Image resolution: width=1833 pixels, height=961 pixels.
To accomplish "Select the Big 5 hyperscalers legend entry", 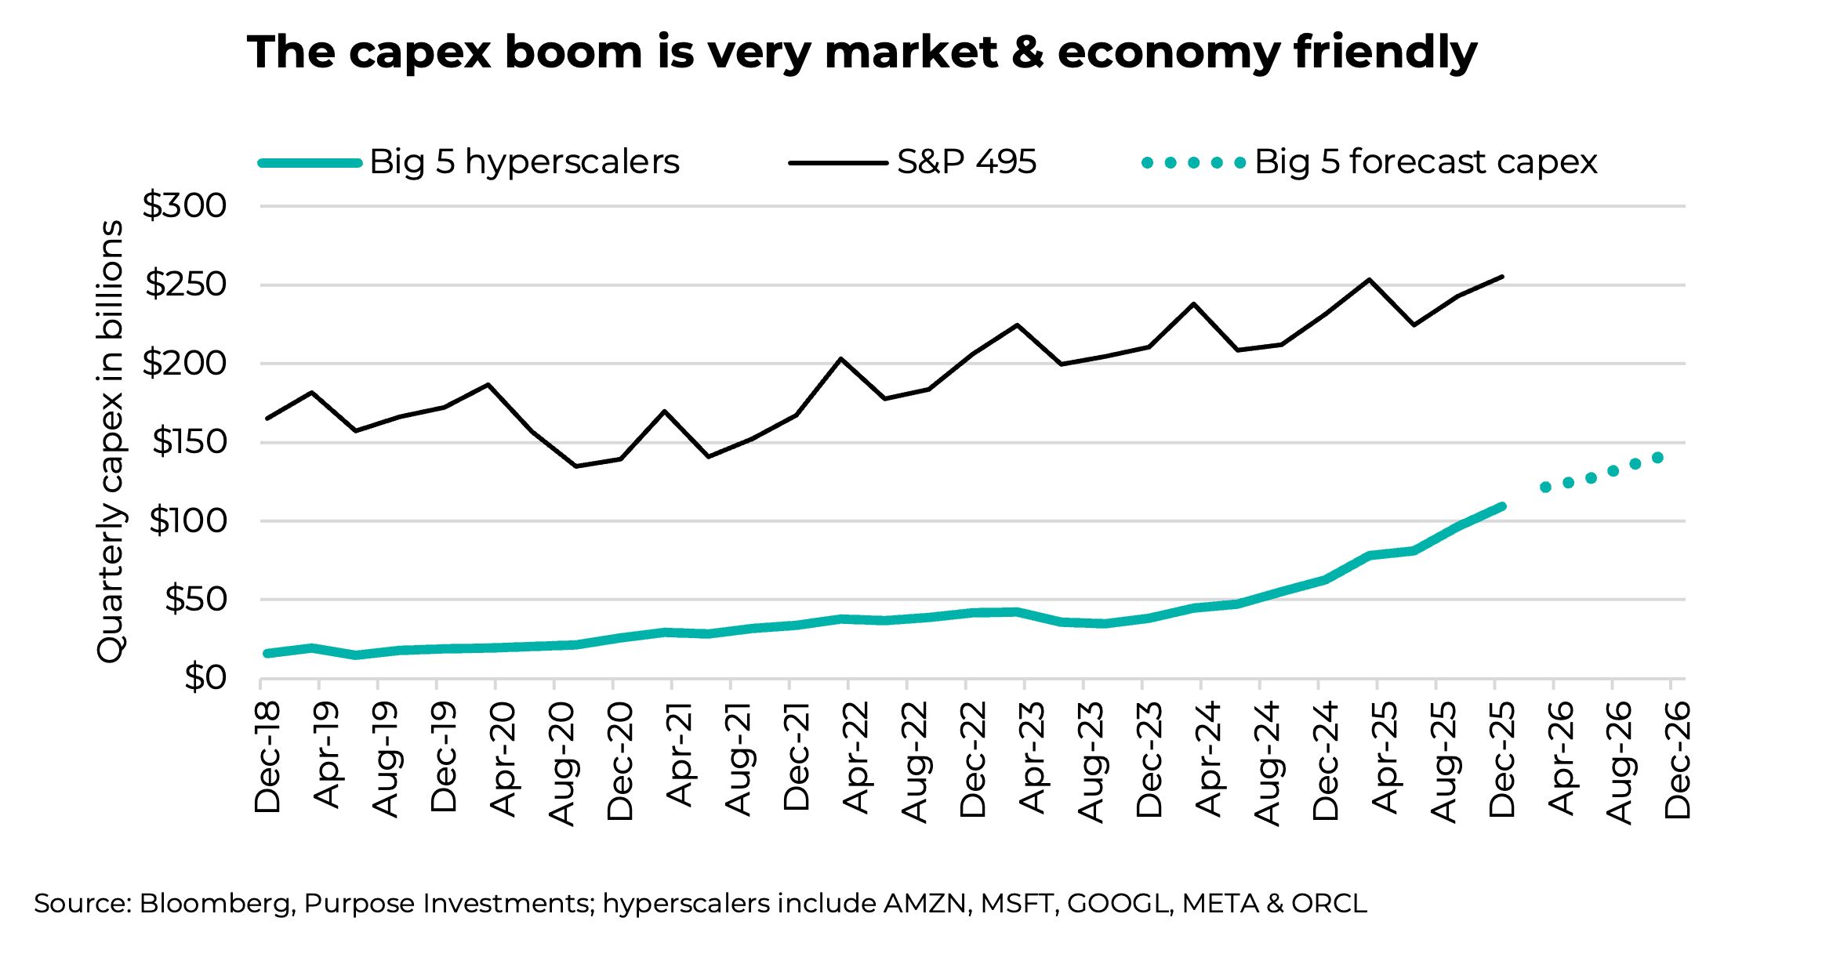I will [x=469, y=162].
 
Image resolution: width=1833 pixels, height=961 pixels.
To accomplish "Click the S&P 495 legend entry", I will [x=913, y=162].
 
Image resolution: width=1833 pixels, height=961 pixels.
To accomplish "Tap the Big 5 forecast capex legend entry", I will [x=1369, y=162].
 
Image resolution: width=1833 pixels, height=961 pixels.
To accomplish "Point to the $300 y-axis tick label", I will [x=184, y=206].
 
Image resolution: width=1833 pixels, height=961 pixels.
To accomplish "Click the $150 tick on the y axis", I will [x=188, y=442].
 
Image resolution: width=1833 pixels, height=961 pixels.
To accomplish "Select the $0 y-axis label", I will [x=205, y=678].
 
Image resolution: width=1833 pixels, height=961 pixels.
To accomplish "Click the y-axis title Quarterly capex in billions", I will [x=111, y=441].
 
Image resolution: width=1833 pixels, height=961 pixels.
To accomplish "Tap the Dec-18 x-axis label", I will [x=267, y=757].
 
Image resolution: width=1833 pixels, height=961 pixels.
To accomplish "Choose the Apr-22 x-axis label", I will [x=855, y=757].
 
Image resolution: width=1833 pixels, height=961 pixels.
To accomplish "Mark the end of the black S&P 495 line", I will [x=1501, y=277].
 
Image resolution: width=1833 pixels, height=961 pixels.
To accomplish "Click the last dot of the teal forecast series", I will [x=1657, y=458].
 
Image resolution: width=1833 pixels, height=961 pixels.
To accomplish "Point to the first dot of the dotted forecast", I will [x=1545, y=488].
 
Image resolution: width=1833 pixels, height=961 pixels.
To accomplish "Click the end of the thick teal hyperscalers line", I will [x=1501, y=507].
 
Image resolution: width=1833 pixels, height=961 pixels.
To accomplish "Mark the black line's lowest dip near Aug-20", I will [x=576, y=466].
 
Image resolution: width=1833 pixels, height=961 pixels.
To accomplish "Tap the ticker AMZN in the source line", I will [x=924, y=904].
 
